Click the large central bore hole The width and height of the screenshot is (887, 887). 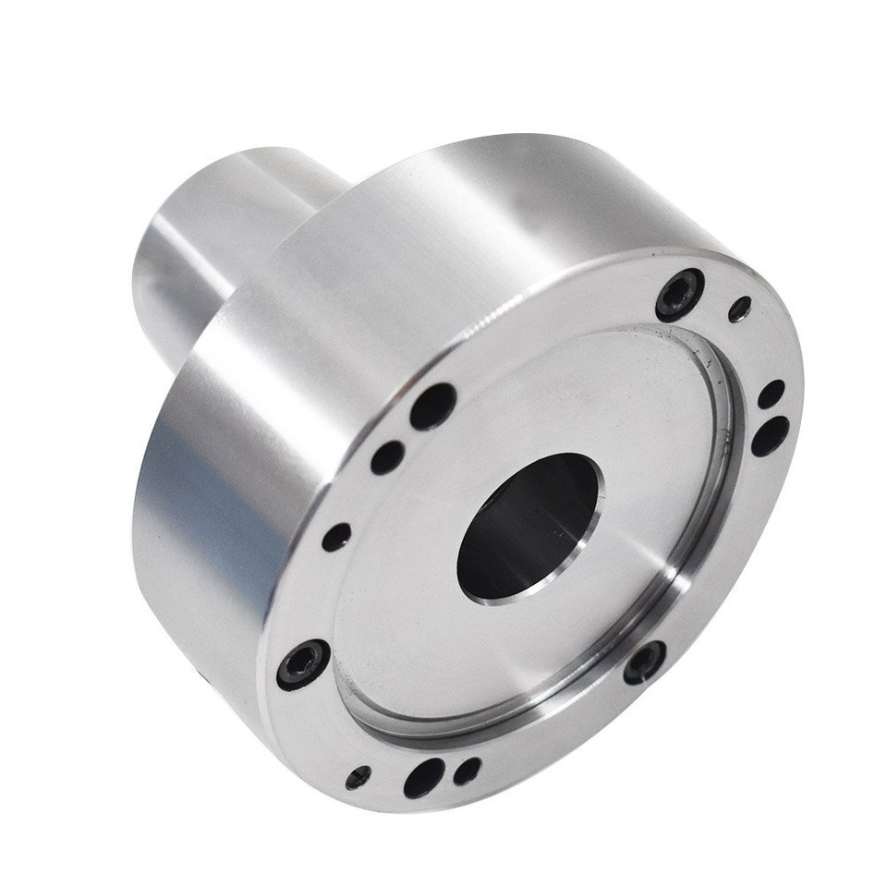[529, 527]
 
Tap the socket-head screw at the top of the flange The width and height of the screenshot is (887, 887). [680, 294]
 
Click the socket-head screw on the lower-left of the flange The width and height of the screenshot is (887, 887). [303, 663]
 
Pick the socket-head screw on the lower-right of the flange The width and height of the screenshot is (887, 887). [644, 662]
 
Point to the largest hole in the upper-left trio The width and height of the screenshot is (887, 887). [432, 406]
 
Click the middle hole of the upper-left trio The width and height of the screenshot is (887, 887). [387, 456]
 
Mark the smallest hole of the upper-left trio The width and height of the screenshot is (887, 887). [336, 537]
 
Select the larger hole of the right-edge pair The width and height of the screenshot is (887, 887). [770, 435]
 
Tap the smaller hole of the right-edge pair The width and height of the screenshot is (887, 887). [771, 394]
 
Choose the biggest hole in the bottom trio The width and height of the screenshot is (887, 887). [423, 778]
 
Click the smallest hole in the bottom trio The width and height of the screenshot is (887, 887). [358, 777]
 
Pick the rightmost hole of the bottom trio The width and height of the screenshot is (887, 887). [468, 771]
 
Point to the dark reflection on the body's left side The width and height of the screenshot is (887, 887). [185, 517]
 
